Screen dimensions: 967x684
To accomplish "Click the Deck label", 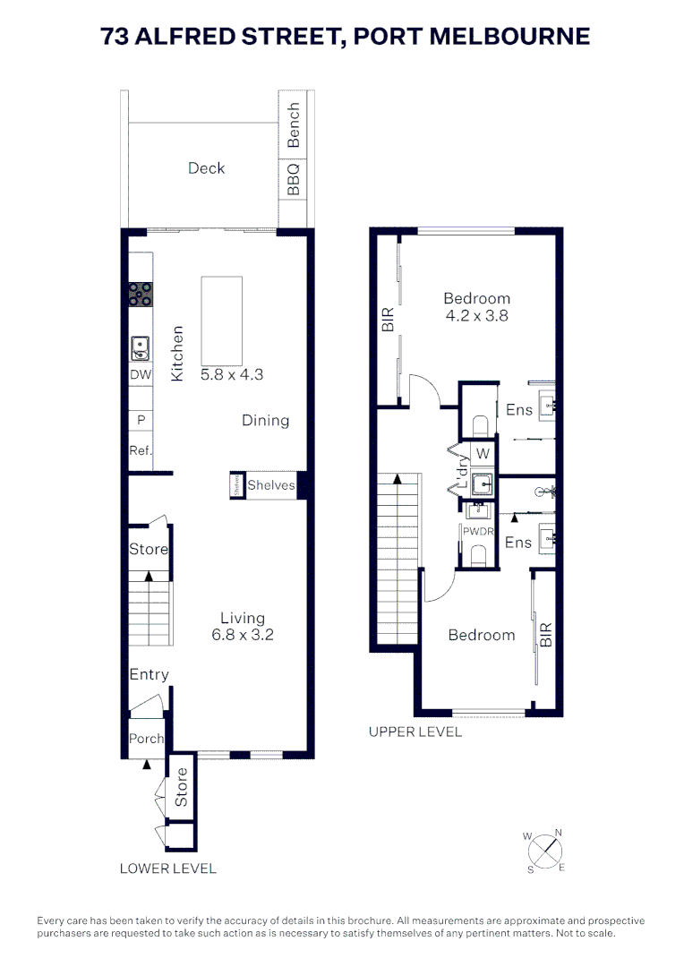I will (207, 168).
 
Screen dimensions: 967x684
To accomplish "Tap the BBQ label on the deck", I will (293, 179).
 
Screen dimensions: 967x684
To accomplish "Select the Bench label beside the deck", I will (293, 125).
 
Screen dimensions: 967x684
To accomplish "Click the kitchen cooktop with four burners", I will (141, 292).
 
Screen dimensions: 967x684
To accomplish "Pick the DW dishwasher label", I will (141, 376).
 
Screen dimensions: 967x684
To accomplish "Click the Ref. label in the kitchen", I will (141, 450).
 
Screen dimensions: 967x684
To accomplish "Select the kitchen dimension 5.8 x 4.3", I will (232, 375).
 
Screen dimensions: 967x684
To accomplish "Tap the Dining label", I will (266, 420).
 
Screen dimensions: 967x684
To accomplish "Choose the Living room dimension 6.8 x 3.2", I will (243, 635).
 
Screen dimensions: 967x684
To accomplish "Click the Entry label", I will (149, 674).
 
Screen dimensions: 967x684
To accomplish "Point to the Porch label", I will (146, 739).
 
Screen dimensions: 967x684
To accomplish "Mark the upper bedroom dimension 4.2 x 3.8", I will (478, 315).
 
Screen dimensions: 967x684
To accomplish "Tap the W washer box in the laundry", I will (483, 453).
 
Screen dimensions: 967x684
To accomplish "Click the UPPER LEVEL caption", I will (415, 732).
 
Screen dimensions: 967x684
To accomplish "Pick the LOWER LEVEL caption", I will (168, 868).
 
